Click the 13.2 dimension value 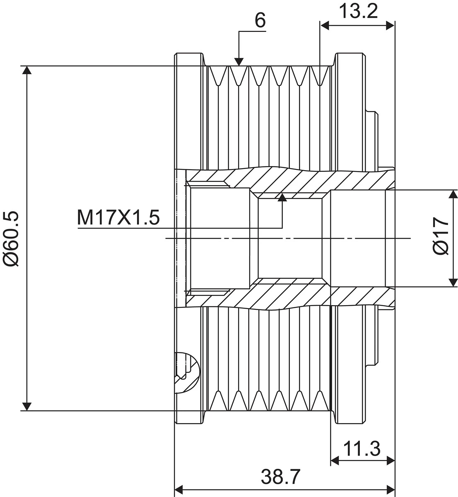click(x=358, y=11)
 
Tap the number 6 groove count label click(x=260, y=20)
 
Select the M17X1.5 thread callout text click(x=118, y=217)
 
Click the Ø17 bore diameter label click(x=441, y=236)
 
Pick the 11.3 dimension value click(x=362, y=449)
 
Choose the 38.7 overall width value click(x=280, y=477)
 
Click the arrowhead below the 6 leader click(x=239, y=62)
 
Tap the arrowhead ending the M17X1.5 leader click(x=282, y=198)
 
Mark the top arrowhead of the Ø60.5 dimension click(x=27, y=70)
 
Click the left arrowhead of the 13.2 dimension click(x=324, y=26)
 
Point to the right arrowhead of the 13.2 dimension click(x=391, y=26)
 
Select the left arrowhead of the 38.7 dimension click(x=179, y=489)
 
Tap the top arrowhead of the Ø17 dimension click(x=453, y=194)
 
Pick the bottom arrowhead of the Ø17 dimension click(x=453, y=282)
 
